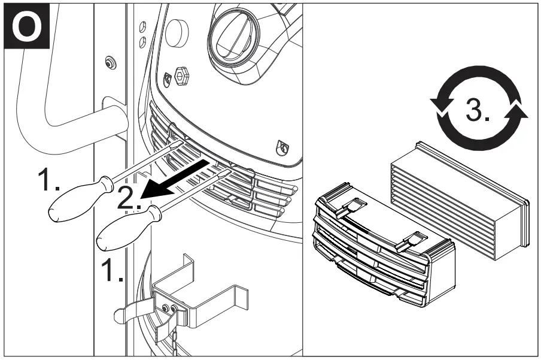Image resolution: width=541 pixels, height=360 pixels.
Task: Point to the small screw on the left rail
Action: click(109, 62)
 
